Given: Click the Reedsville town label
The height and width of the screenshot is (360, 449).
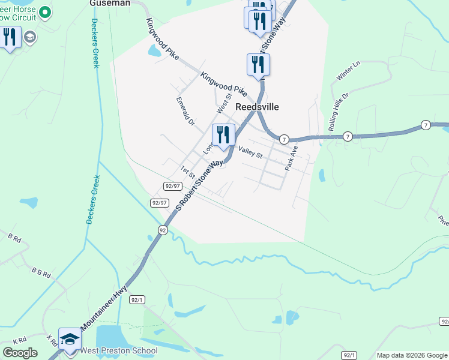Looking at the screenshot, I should [257, 107].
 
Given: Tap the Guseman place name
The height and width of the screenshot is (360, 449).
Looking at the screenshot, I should [110, 3].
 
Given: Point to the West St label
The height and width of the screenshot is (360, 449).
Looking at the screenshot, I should [224, 103].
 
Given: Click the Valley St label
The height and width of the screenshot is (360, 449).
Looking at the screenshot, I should [250, 152].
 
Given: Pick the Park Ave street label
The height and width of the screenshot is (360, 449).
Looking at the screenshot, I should [292, 157].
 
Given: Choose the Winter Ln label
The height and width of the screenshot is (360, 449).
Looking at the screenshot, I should [346, 73].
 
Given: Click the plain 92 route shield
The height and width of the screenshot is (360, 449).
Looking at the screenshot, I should [163, 230].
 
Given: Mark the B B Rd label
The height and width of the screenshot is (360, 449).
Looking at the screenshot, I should [41, 274].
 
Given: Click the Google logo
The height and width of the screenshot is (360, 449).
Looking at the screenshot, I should [20, 353].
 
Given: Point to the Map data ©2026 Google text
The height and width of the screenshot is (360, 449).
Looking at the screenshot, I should [411, 355].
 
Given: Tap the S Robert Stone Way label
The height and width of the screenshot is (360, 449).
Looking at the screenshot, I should [201, 184].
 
